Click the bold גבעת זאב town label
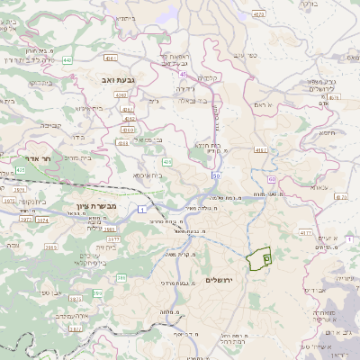pyautogui.click(x=112, y=80)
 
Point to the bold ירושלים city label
pyautogui.click(x=219, y=280)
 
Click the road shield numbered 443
pyautogui.click(x=68, y=60)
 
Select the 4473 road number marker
pyautogui.click(x=259, y=14)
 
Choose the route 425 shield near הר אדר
pyautogui.click(x=21, y=168)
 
